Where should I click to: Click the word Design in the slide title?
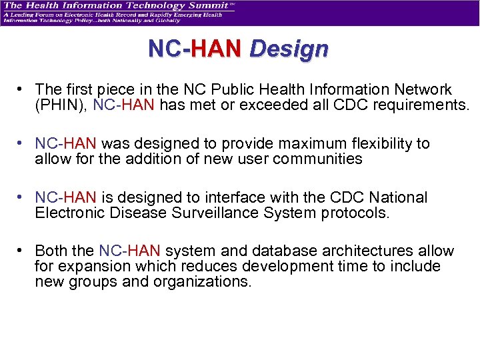[289, 49]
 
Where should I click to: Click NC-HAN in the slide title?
[196, 49]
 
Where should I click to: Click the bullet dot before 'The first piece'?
[22, 89]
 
